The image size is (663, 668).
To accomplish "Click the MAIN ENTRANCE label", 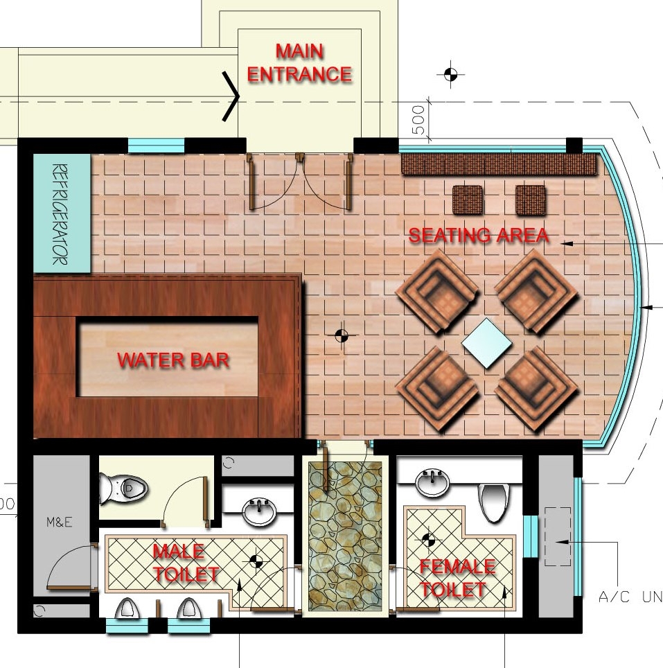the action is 299,62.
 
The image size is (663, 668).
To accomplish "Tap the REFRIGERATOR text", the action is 60,214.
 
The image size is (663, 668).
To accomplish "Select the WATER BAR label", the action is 173,360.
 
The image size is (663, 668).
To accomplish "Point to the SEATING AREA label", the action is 479,235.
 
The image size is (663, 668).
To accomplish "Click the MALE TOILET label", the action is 186,563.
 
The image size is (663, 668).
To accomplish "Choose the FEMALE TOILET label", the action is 457,578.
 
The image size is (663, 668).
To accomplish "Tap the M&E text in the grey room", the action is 59,522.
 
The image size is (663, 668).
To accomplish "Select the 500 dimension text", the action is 419,120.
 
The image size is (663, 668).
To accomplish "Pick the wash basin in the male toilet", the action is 259,511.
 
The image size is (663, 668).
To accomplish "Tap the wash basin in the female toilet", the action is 432,483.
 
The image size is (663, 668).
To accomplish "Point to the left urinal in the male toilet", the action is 127,608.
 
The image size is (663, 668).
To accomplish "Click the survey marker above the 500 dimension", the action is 450,75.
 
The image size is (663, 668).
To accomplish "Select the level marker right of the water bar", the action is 342,335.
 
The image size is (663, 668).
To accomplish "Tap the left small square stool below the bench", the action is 468,200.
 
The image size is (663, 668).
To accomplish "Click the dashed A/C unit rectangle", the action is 558,536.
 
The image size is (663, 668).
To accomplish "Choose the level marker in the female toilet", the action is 429,540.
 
